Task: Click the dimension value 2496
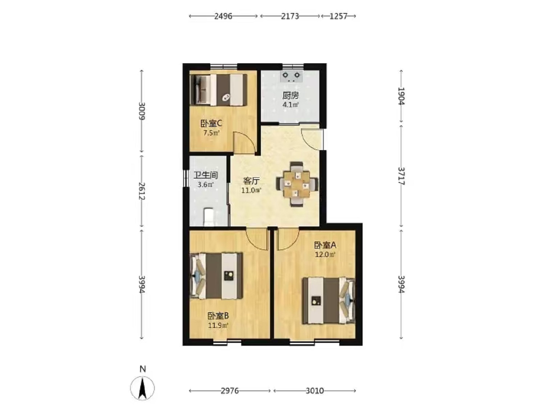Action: pyautogui.click(x=223, y=16)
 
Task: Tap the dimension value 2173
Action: pyautogui.click(x=290, y=16)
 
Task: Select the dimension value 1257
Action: pyautogui.click(x=338, y=16)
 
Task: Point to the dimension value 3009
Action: pyautogui.click(x=142, y=111)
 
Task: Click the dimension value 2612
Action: pyautogui.click(x=142, y=191)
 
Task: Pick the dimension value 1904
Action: pyautogui.click(x=401, y=96)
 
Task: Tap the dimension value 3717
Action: pyautogui.click(x=401, y=176)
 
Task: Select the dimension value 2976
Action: pyautogui.click(x=230, y=391)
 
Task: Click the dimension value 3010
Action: pyautogui.click(x=315, y=391)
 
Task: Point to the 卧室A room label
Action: pyautogui.click(x=325, y=245)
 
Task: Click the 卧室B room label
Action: pyautogui.click(x=218, y=316)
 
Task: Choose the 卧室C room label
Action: pyautogui.click(x=211, y=123)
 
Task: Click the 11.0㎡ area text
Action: pyautogui.click(x=251, y=191)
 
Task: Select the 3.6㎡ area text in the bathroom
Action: pyautogui.click(x=206, y=185)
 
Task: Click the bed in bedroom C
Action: pyautogui.click(x=218, y=90)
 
